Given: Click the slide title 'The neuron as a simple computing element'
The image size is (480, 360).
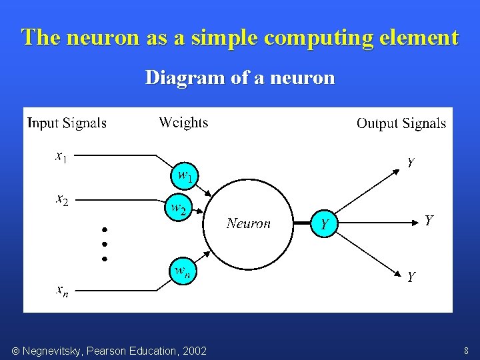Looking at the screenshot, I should (240, 37).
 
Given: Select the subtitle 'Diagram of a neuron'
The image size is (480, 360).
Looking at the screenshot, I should (240, 78).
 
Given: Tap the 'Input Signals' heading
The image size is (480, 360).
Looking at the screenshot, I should (67, 123).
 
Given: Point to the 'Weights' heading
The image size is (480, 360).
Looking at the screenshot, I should (183, 123).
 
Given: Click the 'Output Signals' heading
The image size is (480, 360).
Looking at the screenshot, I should (401, 123).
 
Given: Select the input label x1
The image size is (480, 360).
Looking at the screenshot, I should (60, 157).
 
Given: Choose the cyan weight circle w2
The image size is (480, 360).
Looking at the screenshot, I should (178, 209).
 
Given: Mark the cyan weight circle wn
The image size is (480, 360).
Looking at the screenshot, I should (181, 272).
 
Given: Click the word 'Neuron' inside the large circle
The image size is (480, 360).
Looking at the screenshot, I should (249, 223).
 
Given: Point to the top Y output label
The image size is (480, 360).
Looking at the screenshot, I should (411, 162).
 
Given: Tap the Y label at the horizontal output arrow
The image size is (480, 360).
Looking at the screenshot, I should (429, 220).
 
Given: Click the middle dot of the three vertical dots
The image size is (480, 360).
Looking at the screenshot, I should (105, 243).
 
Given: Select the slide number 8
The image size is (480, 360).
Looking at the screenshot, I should (466, 351).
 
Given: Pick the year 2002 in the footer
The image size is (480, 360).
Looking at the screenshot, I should (194, 351).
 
